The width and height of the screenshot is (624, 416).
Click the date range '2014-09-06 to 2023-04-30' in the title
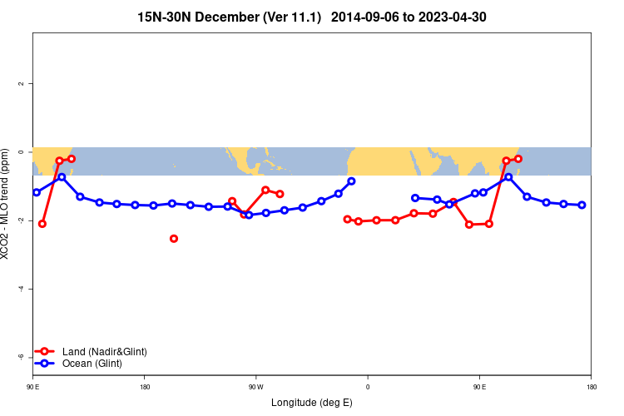click(x=409, y=17)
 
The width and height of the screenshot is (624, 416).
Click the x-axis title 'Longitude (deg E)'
click(x=312, y=403)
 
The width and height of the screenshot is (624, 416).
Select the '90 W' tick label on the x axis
click(x=255, y=387)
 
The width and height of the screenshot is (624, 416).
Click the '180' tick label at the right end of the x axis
click(x=591, y=387)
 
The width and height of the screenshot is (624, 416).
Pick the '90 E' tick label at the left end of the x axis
click(x=32, y=387)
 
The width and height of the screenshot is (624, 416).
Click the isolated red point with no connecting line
click(x=174, y=239)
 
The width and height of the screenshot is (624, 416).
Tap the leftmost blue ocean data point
click(x=37, y=192)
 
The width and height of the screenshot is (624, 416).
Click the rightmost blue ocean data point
click(x=582, y=205)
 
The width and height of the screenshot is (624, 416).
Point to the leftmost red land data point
click(x=42, y=224)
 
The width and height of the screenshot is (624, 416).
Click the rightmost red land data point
click(x=518, y=159)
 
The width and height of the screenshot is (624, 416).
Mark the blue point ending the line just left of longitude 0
click(x=351, y=181)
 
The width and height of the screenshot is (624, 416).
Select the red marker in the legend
click(x=46, y=352)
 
